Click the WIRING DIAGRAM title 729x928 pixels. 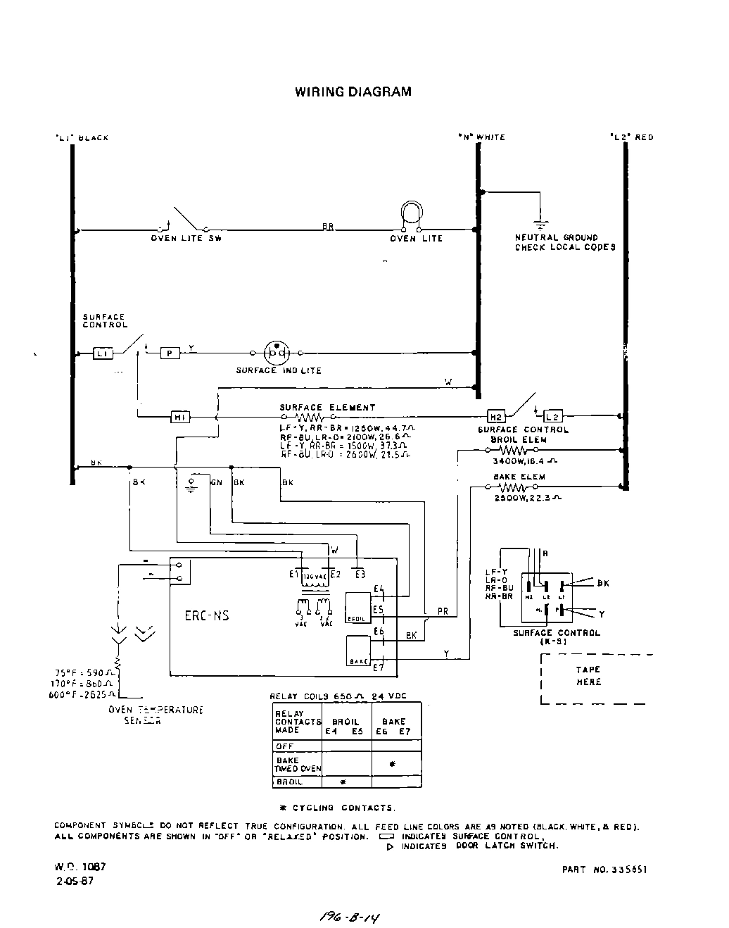pos(353,92)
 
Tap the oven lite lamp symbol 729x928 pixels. pos(410,214)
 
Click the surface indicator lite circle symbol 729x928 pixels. pos(277,352)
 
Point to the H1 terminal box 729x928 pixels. pos(181,418)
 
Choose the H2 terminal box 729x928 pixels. pos(496,417)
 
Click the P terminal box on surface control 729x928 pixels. pos(170,353)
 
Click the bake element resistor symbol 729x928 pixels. pos(512,487)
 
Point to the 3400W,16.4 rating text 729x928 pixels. pos(526,462)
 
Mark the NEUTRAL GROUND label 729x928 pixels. pos(556,238)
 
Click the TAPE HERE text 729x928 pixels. pos(588,676)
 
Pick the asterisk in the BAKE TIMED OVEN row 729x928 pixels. pos(393,764)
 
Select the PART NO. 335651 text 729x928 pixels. pos(604,870)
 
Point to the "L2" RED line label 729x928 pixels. pos(631,137)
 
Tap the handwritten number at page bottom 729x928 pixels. pos(350,917)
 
